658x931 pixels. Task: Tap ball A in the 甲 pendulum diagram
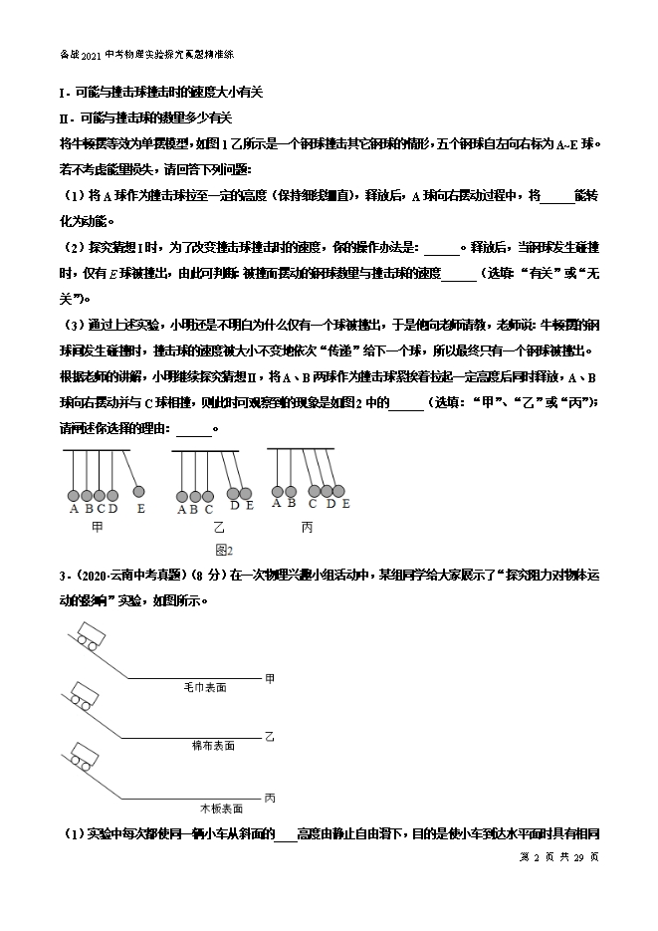(73, 495)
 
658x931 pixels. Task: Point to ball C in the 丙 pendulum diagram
(314, 489)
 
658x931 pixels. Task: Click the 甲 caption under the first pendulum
(97, 527)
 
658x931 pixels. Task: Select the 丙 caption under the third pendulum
(308, 527)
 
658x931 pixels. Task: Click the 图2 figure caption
(223, 550)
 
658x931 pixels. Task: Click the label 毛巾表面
(205, 687)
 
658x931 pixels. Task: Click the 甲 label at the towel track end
(270, 678)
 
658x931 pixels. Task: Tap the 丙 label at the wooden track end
(270, 798)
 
